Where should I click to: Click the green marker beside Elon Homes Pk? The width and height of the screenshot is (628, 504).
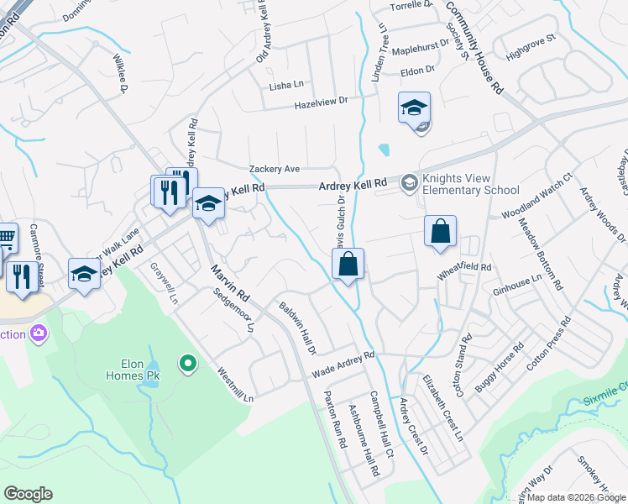coord(188,363)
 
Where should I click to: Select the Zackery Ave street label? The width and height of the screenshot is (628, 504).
coord(274,169)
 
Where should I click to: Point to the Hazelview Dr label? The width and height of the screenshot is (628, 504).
coord(320,103)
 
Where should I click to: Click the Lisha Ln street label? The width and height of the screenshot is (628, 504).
coord(285,86)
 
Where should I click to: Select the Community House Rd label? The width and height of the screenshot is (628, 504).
coord(474,48)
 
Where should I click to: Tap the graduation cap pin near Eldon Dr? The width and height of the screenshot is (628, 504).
coord(414,108)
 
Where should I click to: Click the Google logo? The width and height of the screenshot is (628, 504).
coord(28,494)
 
